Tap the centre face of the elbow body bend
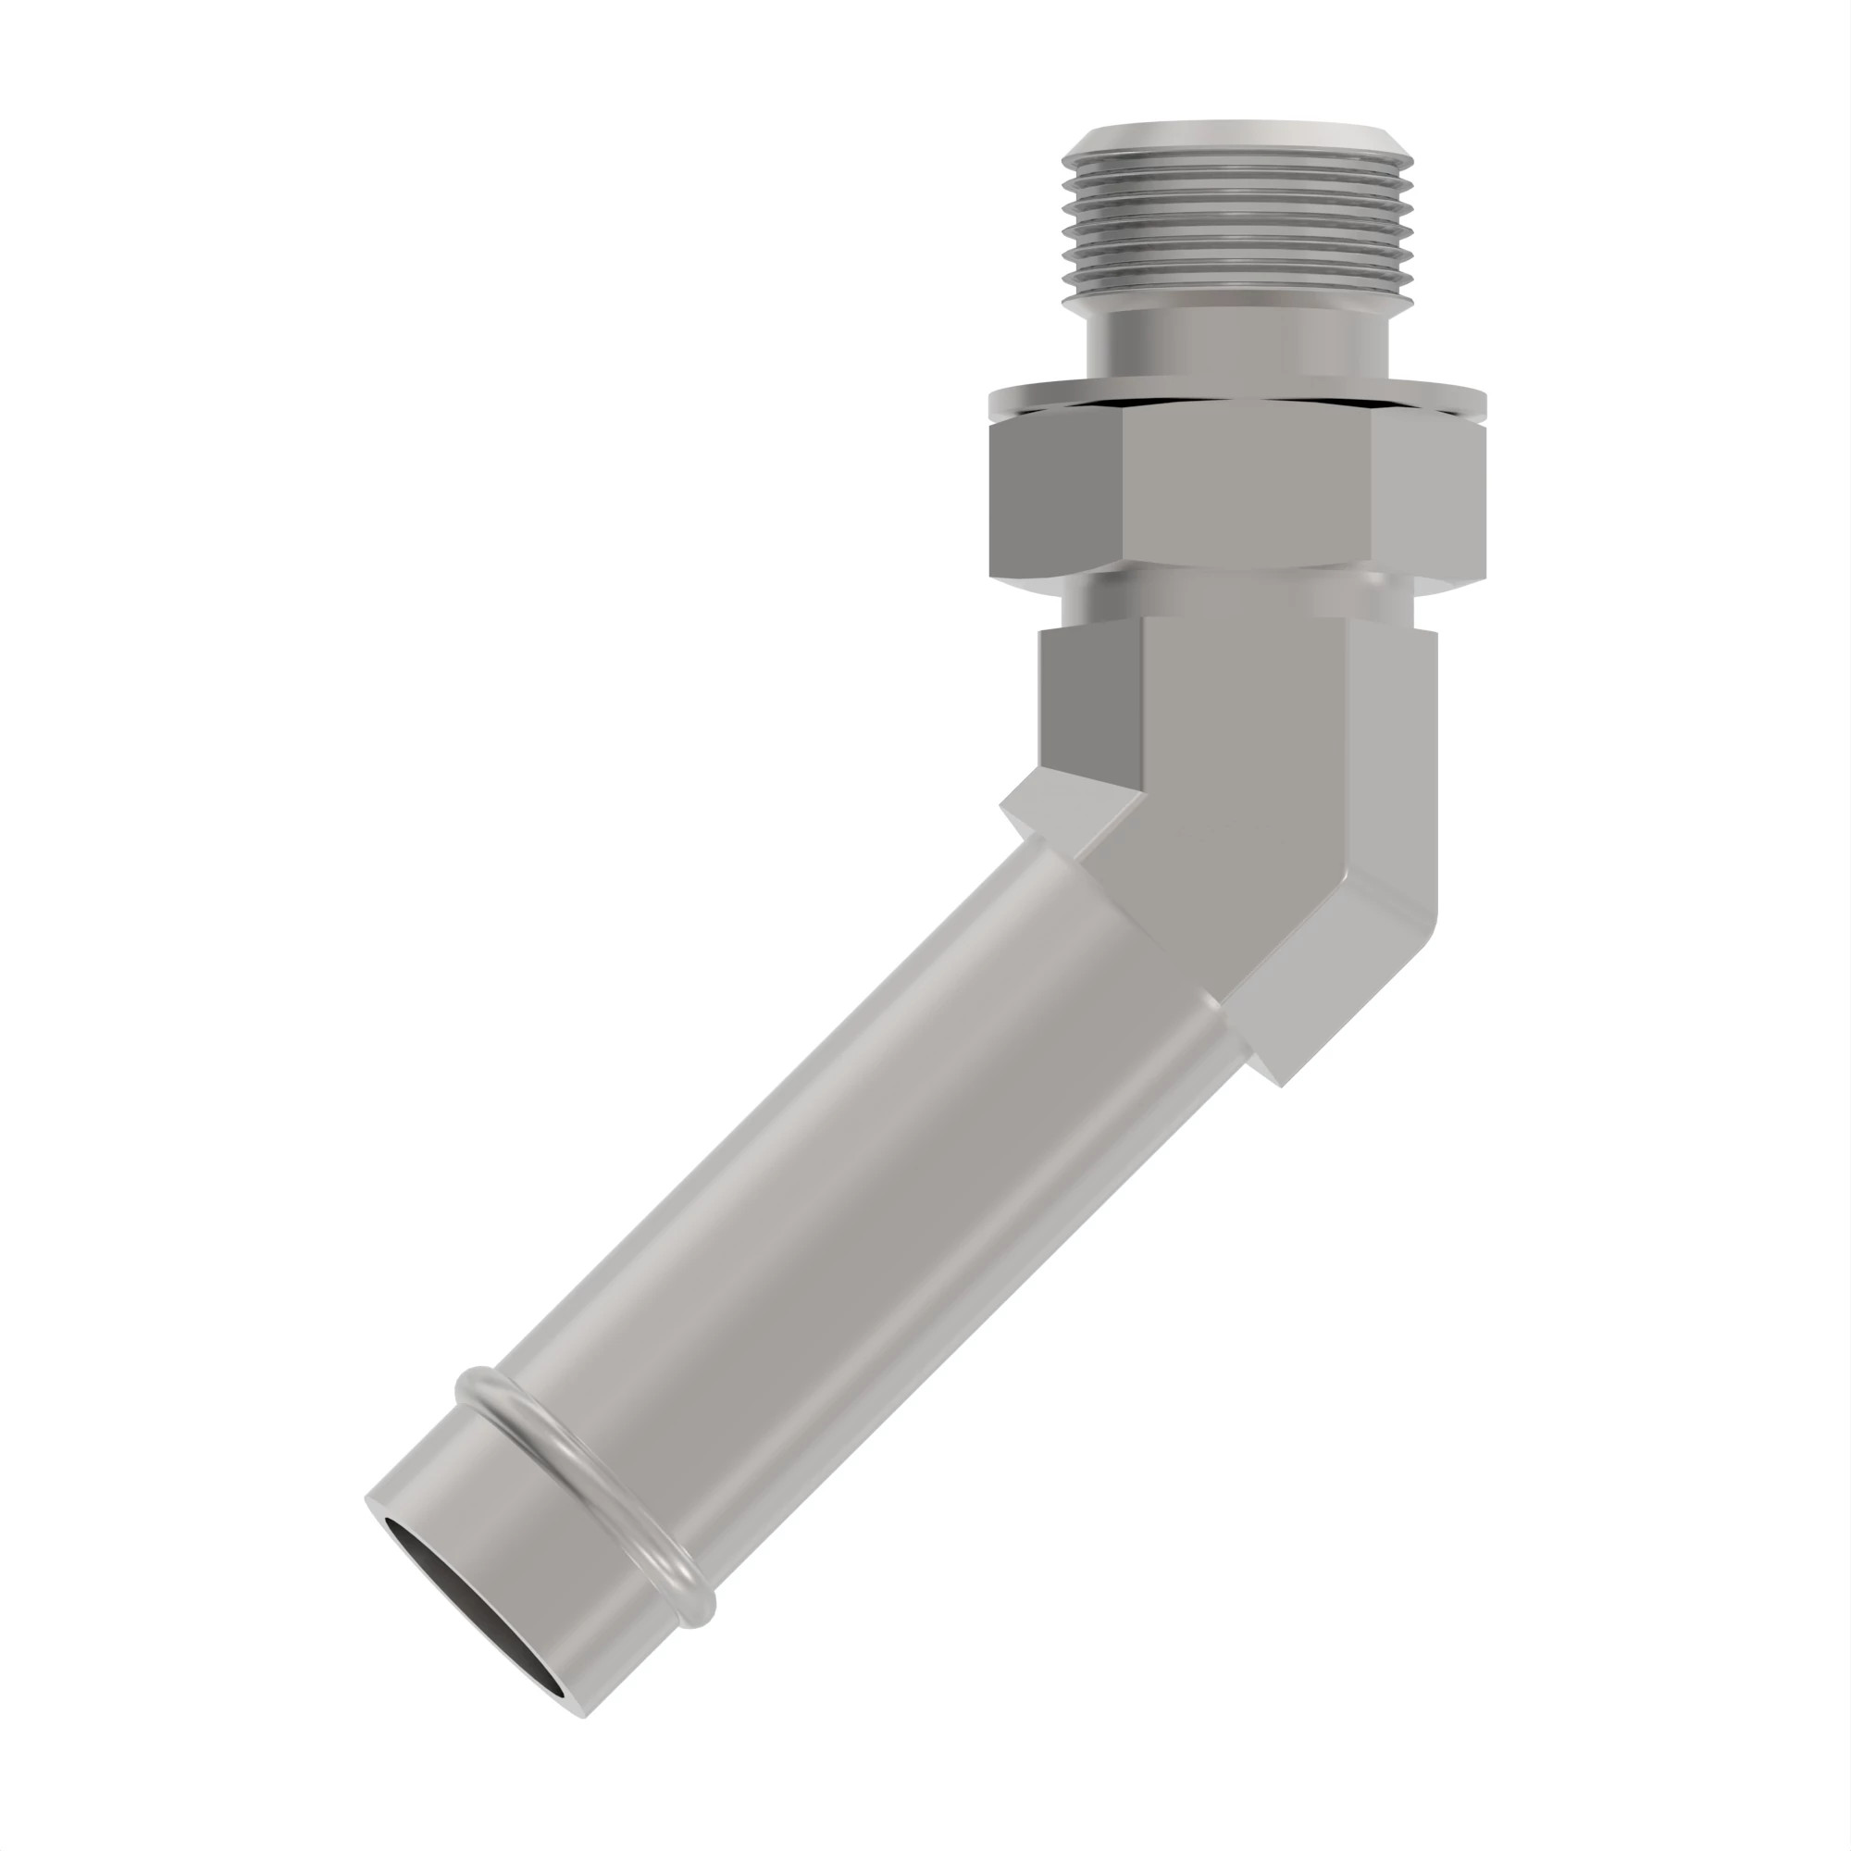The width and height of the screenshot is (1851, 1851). [x=1246, y=766]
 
